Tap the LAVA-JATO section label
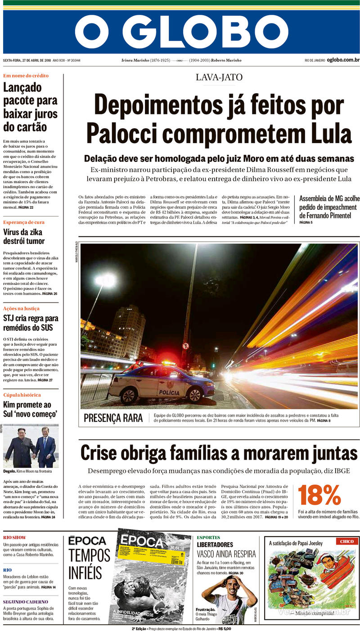coord(219,77)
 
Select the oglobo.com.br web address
coord(343,60)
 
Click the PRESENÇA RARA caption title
coord(113,418)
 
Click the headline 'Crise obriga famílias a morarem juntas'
coord(219,453)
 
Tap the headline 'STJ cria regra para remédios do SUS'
coord(31,323)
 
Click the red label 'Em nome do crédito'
coord(26,76)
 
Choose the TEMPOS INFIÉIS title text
coord(89,565)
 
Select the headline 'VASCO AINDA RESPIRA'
coord(226,554)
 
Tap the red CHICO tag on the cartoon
coord(346,541)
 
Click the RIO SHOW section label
coord(14,538)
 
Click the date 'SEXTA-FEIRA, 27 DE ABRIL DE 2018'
coord(27,60)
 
